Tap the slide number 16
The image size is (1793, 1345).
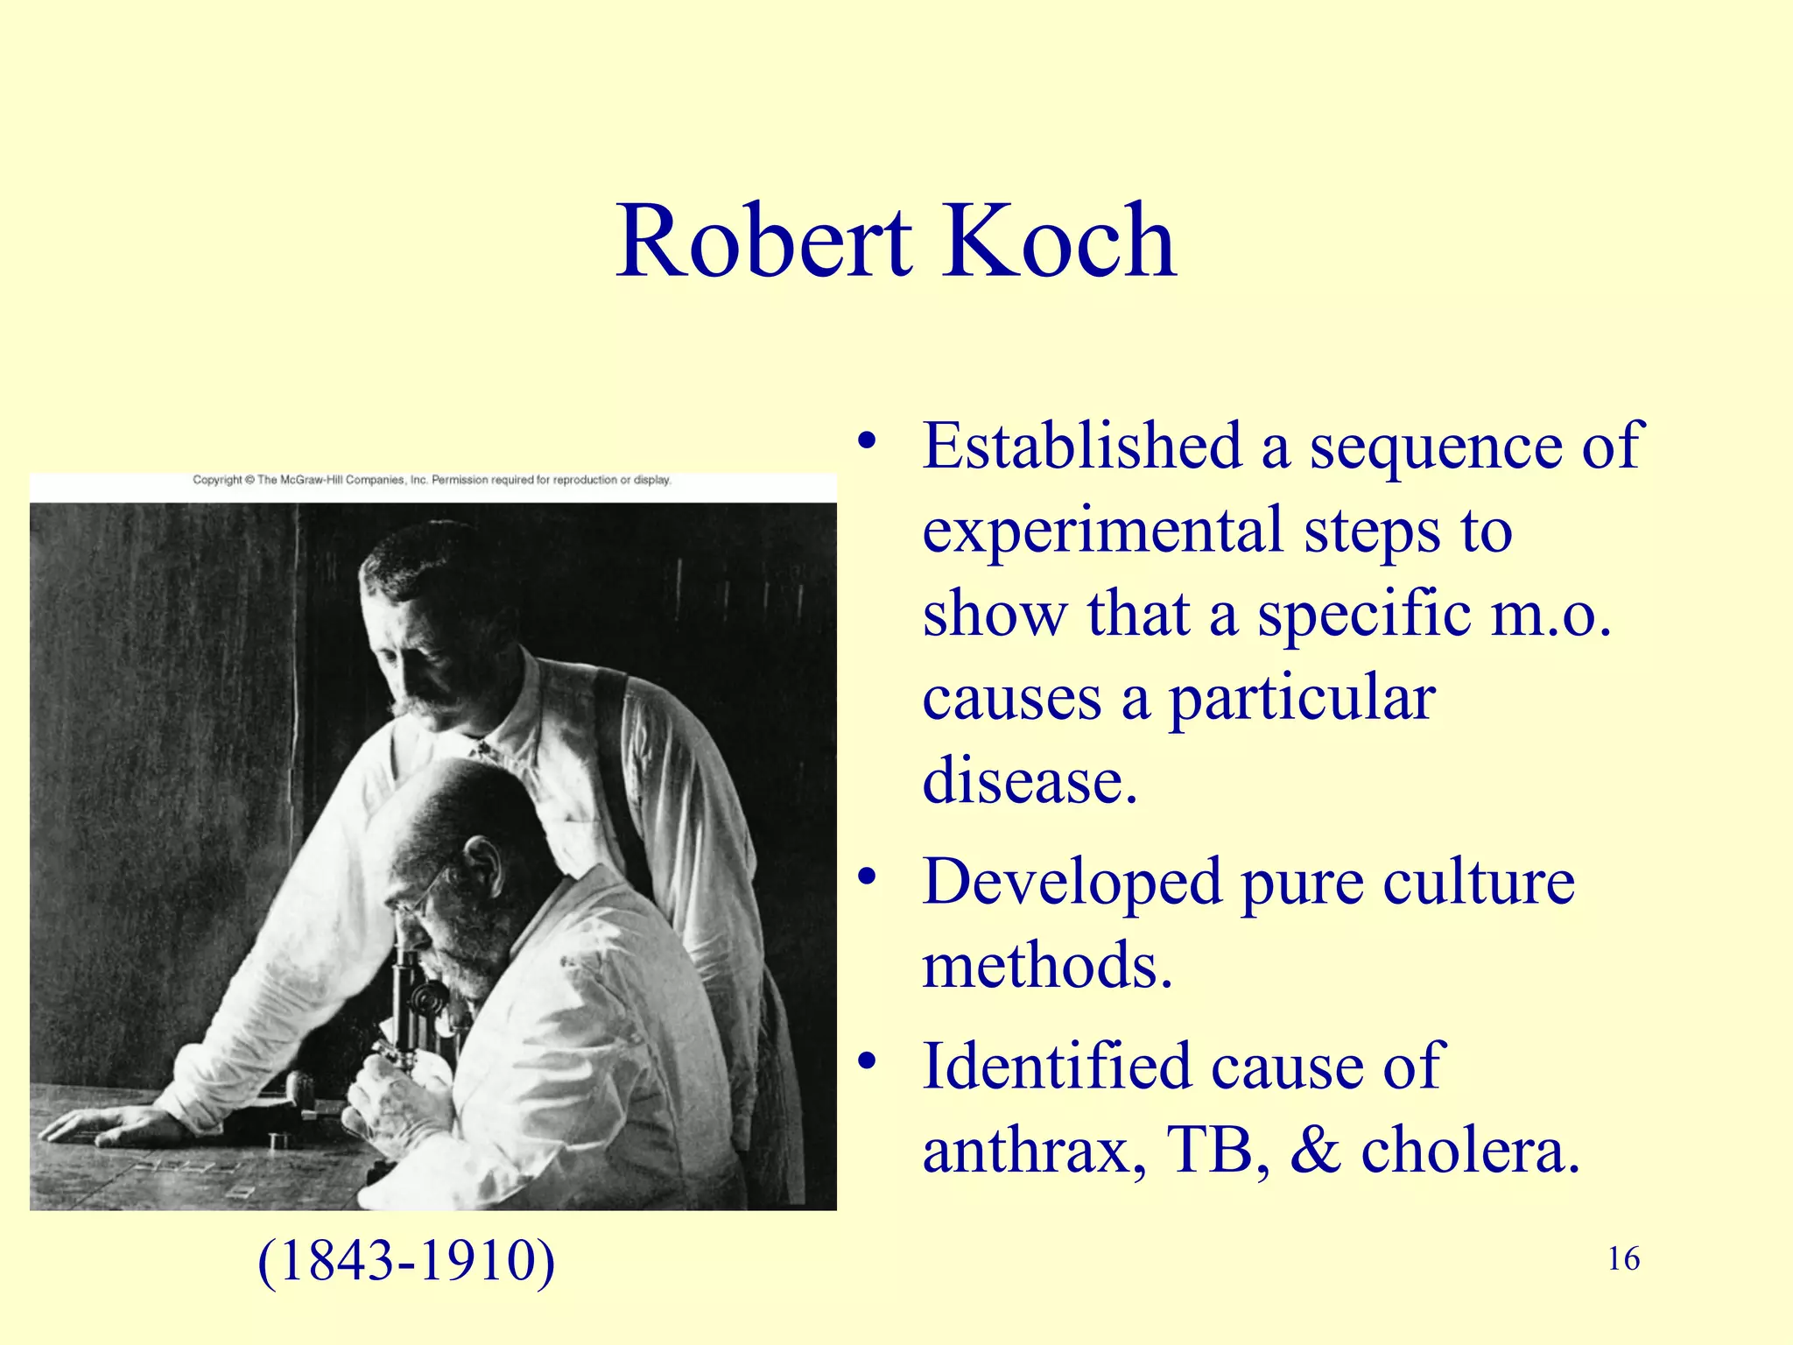click(1623, 1259)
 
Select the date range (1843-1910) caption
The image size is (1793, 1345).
click(406, 1262)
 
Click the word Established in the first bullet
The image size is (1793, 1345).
click(1082, 446)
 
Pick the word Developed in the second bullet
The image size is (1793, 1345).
click(1072, 883)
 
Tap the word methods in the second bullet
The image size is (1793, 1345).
click(1047, 965)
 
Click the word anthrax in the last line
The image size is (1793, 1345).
click(1033, 1151)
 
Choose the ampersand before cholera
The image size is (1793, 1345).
click(1315, 1149)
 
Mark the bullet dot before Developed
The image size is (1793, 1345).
click(867, 877)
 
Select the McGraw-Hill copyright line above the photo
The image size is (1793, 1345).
click(432, 480)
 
